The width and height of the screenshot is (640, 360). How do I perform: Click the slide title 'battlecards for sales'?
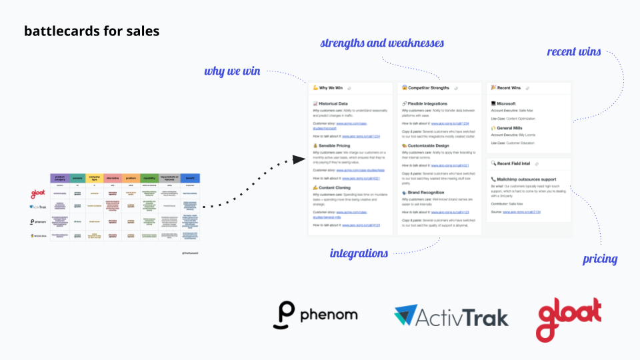pos(91,31)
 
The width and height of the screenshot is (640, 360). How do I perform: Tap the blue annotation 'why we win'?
pos(232,71)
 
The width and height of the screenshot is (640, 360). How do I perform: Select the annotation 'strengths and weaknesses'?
pos(382,43)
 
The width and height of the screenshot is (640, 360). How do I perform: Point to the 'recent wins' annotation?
pos(574,51)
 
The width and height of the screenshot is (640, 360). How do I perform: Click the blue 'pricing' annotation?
pos(600,259)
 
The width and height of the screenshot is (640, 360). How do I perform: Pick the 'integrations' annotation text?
pos(359,253)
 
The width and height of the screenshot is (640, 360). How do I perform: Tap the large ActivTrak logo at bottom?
pos(451,315)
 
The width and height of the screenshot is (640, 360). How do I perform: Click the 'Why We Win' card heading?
pos(331,88)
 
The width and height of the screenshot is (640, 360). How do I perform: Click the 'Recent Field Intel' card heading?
pos(513,163)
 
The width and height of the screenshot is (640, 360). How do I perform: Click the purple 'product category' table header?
pos(60,178)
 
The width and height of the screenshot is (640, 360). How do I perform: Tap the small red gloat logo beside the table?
pos(37,195)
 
